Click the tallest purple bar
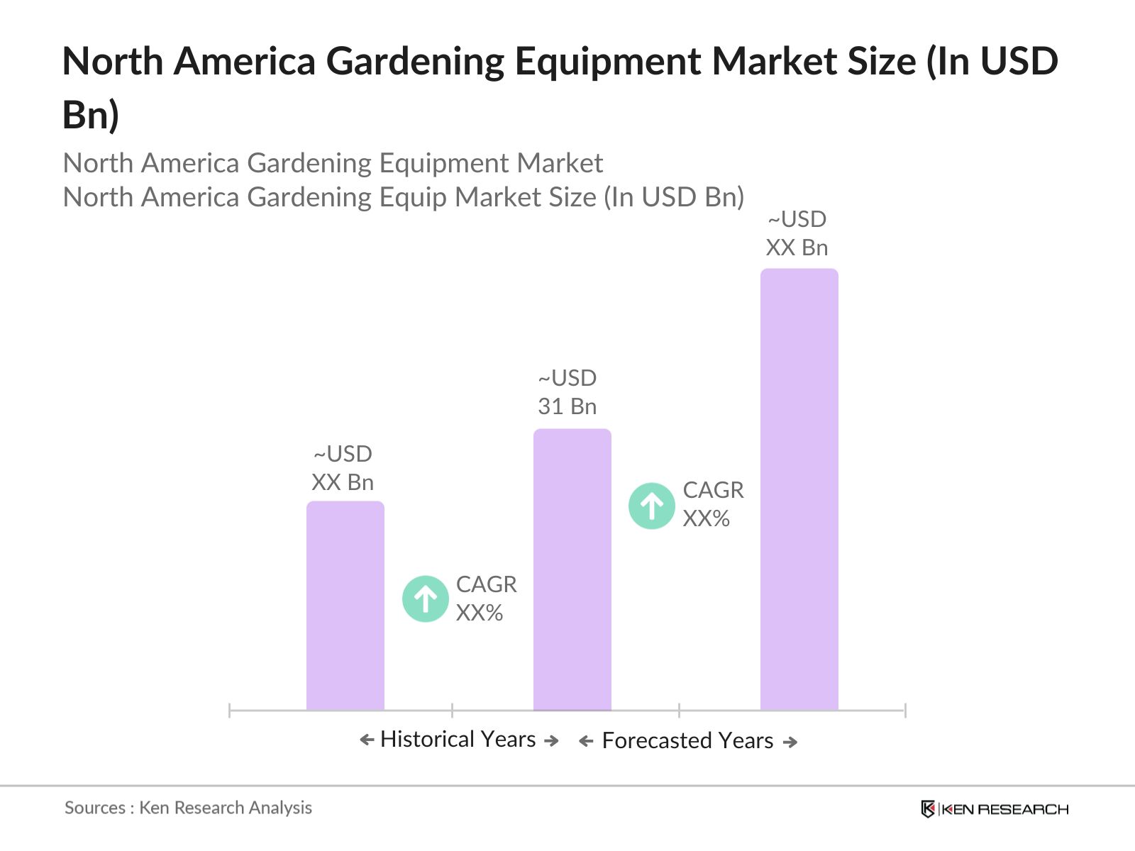(x=799, y=489)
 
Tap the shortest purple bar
(x=345, y=606)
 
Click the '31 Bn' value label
(x=567, y=406)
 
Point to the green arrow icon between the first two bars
(x=425, y=599)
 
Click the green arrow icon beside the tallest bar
(x=651, y=506)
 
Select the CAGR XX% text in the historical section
(x=486, y=599)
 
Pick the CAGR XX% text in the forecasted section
(x=712, y=504)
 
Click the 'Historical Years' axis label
(x=458, y=740)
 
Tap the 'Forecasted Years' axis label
(x=687, y=741)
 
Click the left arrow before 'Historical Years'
(x=367, y=740)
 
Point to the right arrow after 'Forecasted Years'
(x=790, y=742)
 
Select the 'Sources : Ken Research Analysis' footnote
(x=188, y=808)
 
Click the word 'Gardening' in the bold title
(x=414, y=61)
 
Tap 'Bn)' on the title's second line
(x=90, y=115)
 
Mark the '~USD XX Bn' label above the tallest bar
(x=797, y=233)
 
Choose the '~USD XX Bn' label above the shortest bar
(x=343, y=468)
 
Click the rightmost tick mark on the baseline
(x=904, y=710)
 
